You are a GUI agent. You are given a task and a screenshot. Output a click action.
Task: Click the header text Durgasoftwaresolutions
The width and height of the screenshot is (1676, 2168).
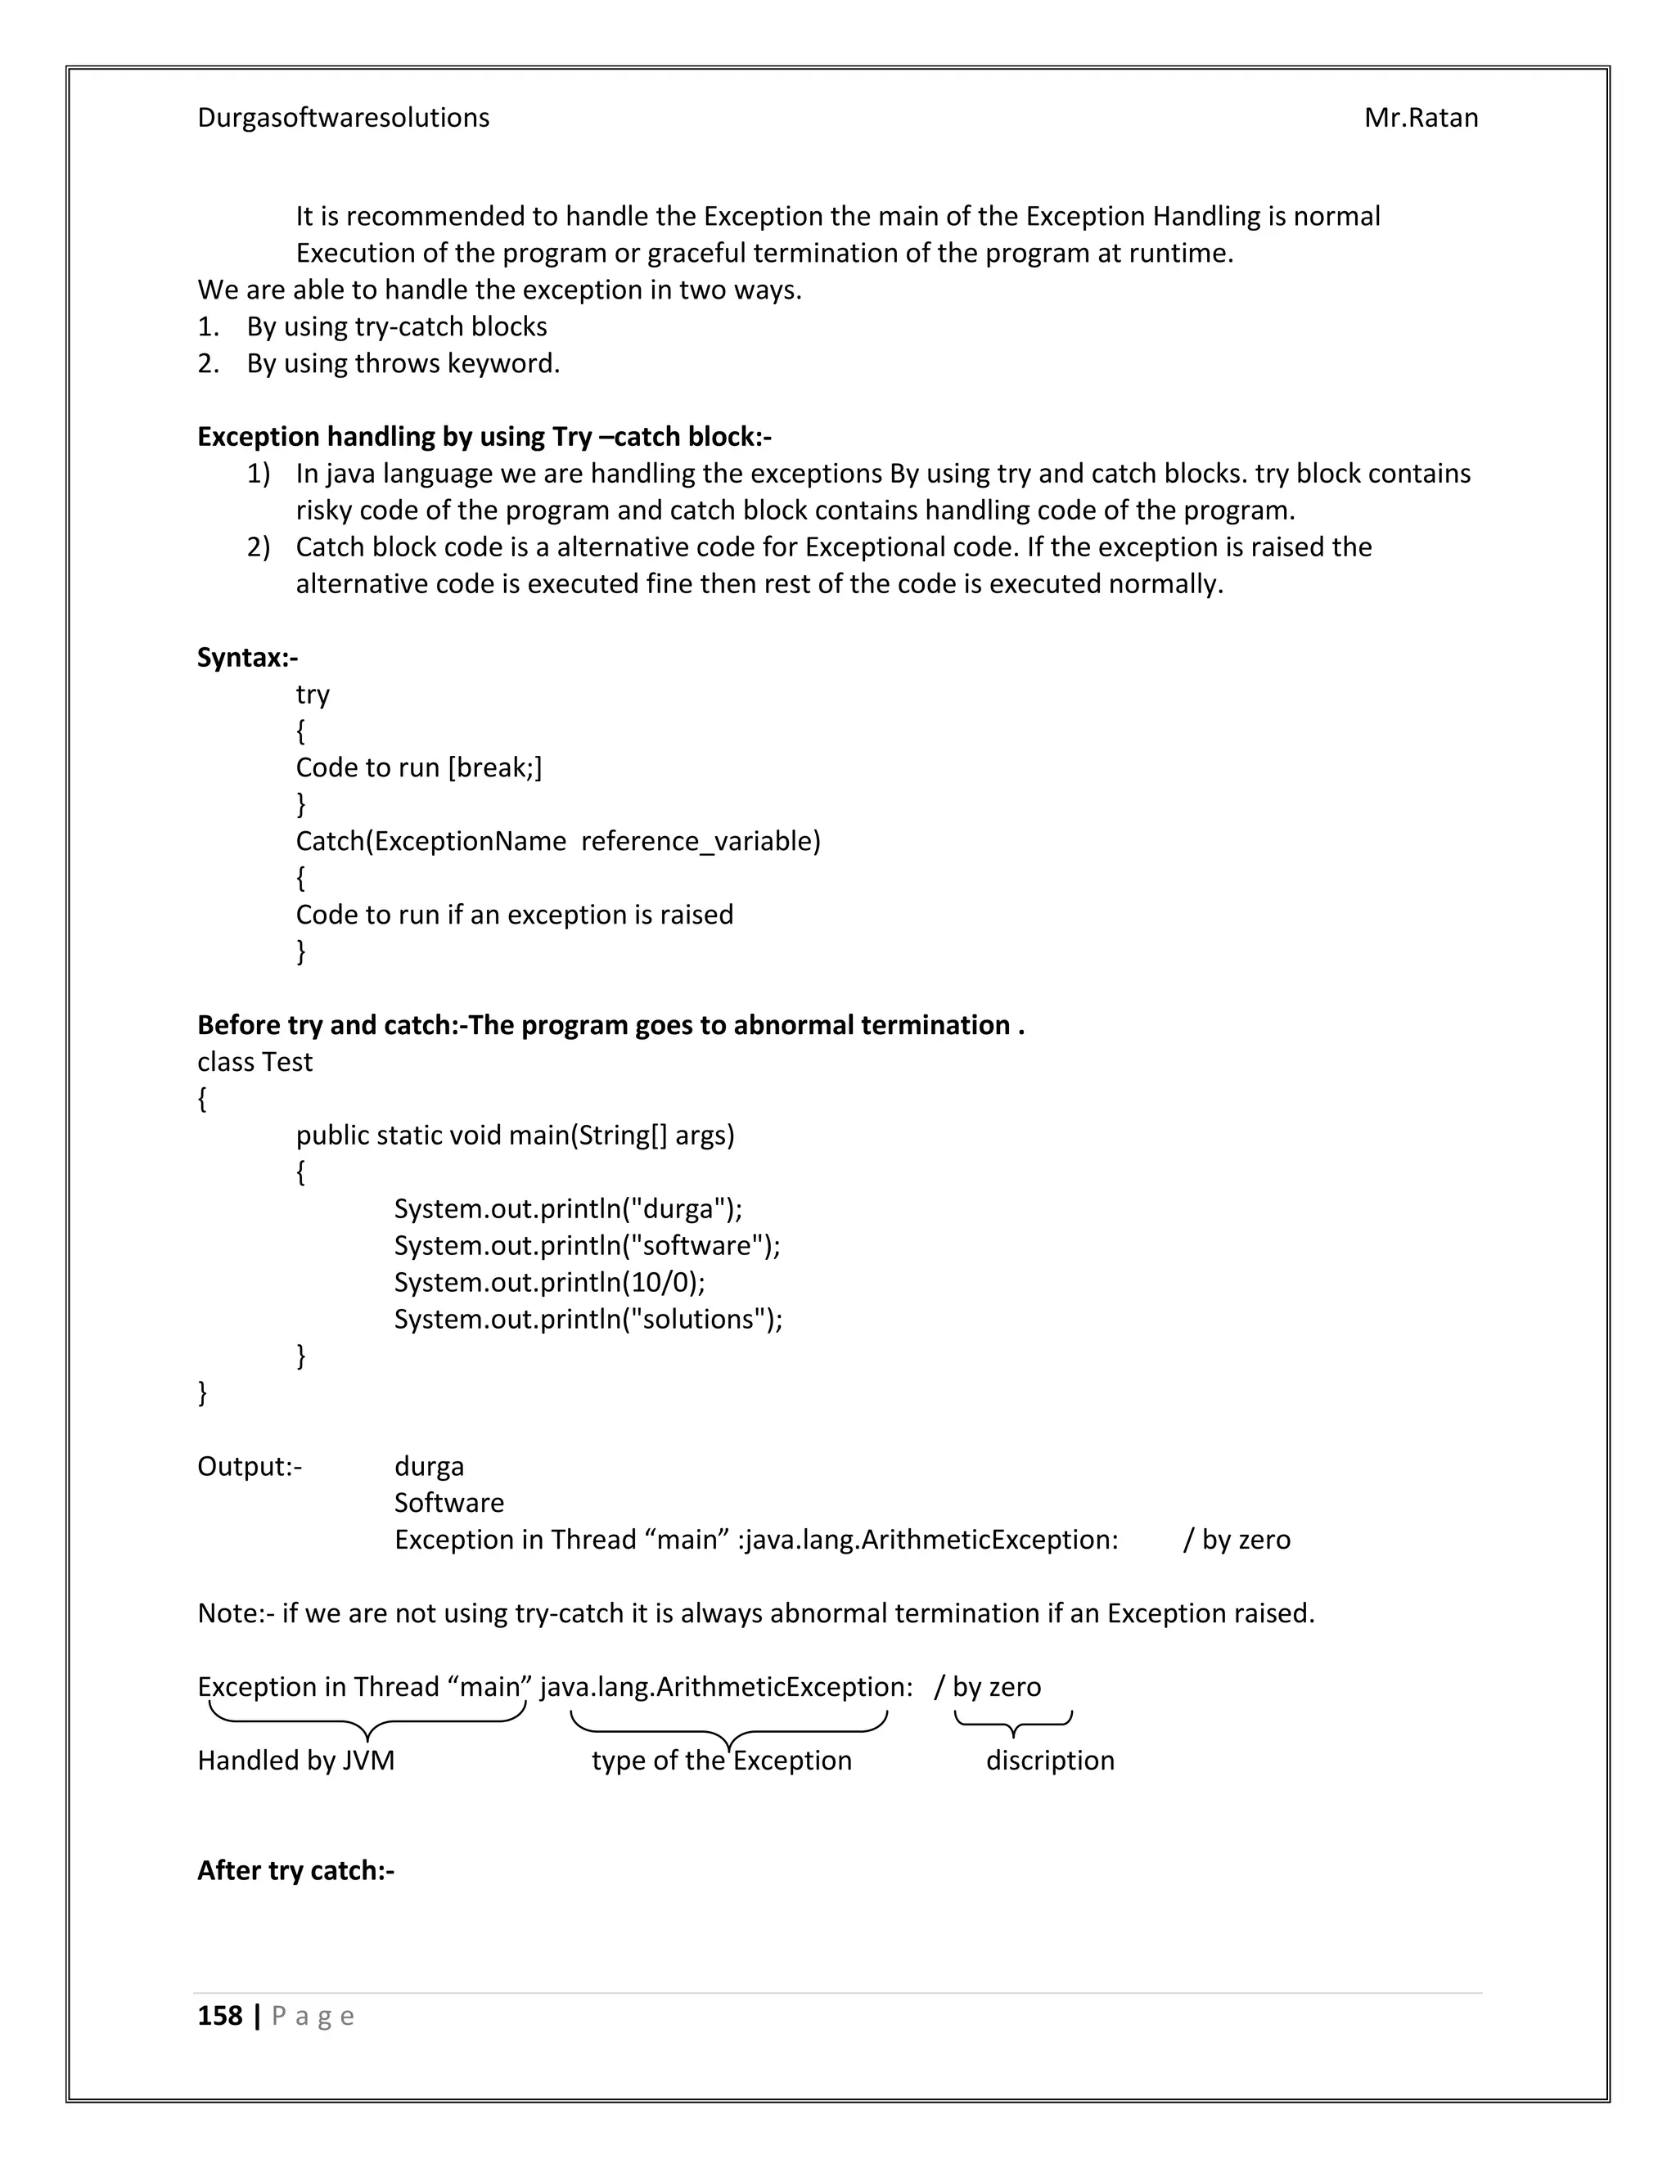click(343, 118)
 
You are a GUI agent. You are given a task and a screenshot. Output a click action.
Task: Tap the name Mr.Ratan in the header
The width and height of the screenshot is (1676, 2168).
click(1420, 118)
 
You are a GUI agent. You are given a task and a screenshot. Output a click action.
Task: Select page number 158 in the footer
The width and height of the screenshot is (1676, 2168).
click(219, 2016)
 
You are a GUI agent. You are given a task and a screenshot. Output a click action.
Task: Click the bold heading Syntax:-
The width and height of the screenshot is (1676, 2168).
click(247, 658)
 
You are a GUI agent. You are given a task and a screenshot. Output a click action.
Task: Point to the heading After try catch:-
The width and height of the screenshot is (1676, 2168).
click(296, 1870)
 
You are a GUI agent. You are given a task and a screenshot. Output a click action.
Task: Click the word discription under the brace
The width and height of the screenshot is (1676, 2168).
click(1049, 1761)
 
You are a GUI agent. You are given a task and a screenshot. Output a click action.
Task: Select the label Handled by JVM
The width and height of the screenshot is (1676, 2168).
click(296, 1761)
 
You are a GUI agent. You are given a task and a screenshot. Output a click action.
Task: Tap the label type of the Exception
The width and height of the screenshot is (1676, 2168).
click(721, 1761)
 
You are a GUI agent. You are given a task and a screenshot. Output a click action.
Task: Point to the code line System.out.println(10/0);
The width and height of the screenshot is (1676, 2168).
click(549, 1283)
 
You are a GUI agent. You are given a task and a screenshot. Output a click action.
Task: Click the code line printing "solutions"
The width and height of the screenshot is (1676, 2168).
click(588, 1320)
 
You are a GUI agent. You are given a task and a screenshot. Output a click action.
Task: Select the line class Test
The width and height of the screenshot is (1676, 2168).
click(255, 1062)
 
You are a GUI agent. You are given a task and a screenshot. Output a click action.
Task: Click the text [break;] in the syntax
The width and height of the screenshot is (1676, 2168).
click(494, 767)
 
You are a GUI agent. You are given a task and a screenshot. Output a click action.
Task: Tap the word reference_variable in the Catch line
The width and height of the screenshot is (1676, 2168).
click(700, 842)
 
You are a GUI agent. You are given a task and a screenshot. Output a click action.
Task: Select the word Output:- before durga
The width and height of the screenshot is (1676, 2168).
click(250, 1466)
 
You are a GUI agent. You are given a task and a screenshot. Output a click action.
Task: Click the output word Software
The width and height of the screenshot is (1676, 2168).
click(448, 1503)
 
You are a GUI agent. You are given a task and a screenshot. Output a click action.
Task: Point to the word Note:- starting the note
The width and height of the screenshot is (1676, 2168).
click(236, 1613)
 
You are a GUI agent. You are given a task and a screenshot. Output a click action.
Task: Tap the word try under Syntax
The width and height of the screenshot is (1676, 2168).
click(312, 695)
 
